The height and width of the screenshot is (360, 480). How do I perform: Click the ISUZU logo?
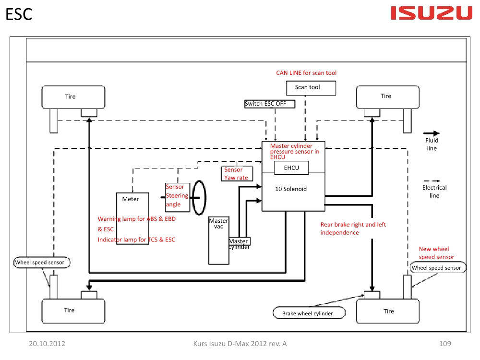[x=432, y=13]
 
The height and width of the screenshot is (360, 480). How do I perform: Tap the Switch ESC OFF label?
[x=269, y=104]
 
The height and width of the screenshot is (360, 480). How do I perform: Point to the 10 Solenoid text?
[x=291, y=189]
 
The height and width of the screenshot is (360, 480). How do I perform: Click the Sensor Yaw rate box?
[x=236, y=174]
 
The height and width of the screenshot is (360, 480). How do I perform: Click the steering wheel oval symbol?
[x=198, y=198]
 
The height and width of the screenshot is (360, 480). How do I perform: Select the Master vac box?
[x=218, y=240]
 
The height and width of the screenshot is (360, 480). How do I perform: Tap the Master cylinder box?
[x=239, y=242]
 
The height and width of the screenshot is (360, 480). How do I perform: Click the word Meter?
[x=131, y=199]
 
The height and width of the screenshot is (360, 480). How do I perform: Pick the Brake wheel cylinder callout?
[x=310, y=313]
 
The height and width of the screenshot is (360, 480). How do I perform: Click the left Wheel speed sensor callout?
[x=43, y=263]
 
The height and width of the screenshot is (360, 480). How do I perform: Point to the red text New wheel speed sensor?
[x=436, y=253]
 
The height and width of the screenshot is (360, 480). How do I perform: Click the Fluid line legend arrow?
[x=432, y=133]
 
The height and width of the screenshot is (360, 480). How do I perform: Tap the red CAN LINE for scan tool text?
[x=306, y=73]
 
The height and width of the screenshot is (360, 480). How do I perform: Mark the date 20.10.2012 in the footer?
[x=47, y=344]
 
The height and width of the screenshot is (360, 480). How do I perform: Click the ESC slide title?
[x=19, y=14]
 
